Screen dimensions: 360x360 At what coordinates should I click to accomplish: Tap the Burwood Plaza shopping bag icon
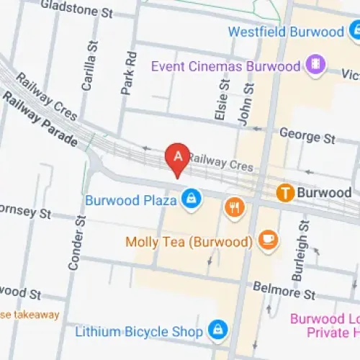tap(191, 199)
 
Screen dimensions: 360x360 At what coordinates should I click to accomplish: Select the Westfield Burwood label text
tap(286, 32)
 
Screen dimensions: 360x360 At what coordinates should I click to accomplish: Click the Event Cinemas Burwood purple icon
tap(315, 67)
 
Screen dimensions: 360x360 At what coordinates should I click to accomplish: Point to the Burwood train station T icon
tap(285, 193)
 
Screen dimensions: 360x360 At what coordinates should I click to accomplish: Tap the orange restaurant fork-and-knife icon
tap(234, 207)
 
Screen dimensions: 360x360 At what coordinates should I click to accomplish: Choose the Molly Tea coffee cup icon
tap(268, 238)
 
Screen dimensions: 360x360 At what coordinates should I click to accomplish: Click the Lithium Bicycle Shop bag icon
tap(215, 330)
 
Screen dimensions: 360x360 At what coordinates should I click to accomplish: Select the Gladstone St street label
tap(78, 10)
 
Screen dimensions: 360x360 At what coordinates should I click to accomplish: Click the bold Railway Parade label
tap(40, 120)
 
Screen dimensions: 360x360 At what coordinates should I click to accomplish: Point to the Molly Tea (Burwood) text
tap(187, 242)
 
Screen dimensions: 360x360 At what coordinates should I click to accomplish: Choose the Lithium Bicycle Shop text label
tap(139, 332)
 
